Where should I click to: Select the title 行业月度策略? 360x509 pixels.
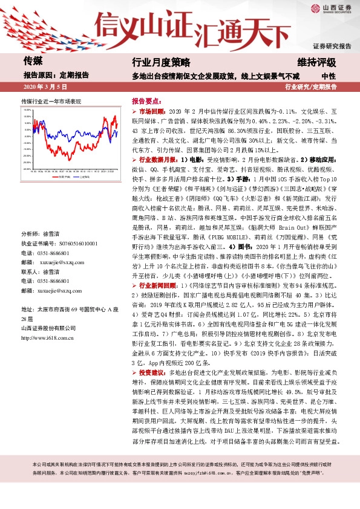tap(161, 62)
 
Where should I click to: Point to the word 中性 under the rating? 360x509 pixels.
tap(329, 76)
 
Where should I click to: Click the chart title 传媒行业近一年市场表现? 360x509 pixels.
tap(51, 100)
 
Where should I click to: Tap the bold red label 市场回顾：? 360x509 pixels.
tap(151, 112)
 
